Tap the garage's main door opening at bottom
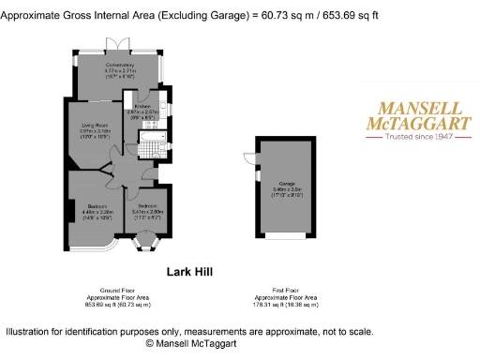[x=287, y=235]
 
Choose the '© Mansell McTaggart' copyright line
[x=189, y=344]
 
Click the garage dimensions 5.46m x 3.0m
[x=286, y=189]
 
